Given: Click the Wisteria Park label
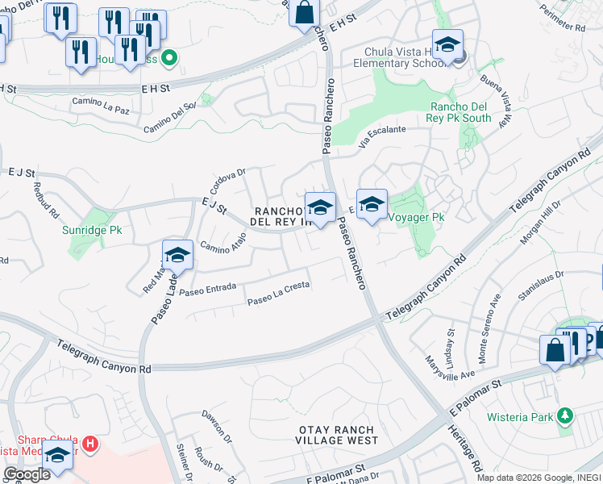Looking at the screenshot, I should [520, 417].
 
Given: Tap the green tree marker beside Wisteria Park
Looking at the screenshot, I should [566, 416].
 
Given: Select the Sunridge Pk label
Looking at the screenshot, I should [92, 230].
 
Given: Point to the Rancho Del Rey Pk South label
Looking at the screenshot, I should [460, 112].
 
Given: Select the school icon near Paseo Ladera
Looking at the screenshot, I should [177, 256].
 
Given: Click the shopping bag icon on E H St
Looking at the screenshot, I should [304, 13].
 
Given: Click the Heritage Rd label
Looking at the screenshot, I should [465, 447].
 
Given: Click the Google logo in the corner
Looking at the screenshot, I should [26, 474].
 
